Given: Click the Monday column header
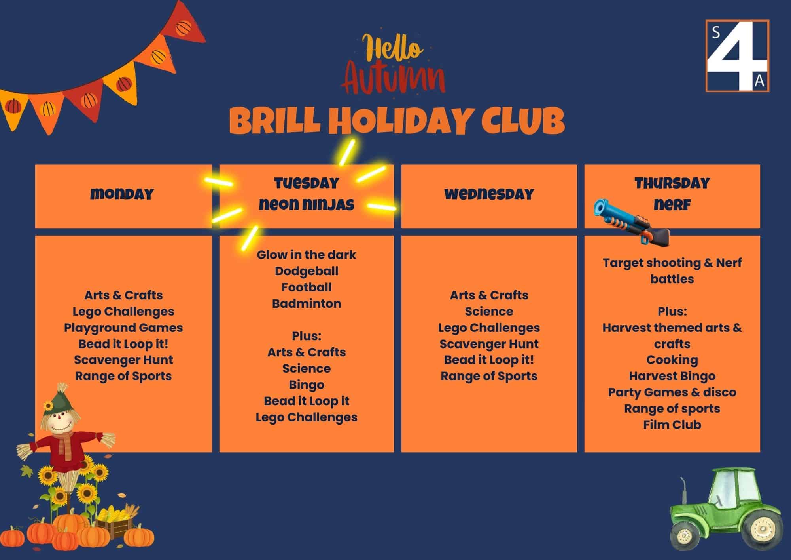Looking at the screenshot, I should tap(122, 194).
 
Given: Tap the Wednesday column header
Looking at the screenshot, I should tap(489, 194).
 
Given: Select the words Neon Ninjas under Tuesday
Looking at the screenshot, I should tap(307, 205).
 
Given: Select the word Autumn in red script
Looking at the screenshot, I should tap(394, 81).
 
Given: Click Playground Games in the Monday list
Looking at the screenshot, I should tap(123, 328).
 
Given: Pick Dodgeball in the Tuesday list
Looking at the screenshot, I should tap(307, 271).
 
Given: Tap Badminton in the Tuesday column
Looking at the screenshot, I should tap(307, 304).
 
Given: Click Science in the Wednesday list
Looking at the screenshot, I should tap(489, 312).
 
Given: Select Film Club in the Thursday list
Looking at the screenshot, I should tap(672, 425).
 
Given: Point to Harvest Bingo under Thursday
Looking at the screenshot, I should tap(672, 376).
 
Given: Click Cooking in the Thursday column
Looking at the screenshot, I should tap(672, 360).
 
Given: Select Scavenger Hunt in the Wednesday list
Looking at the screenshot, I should tap(489, 344).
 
